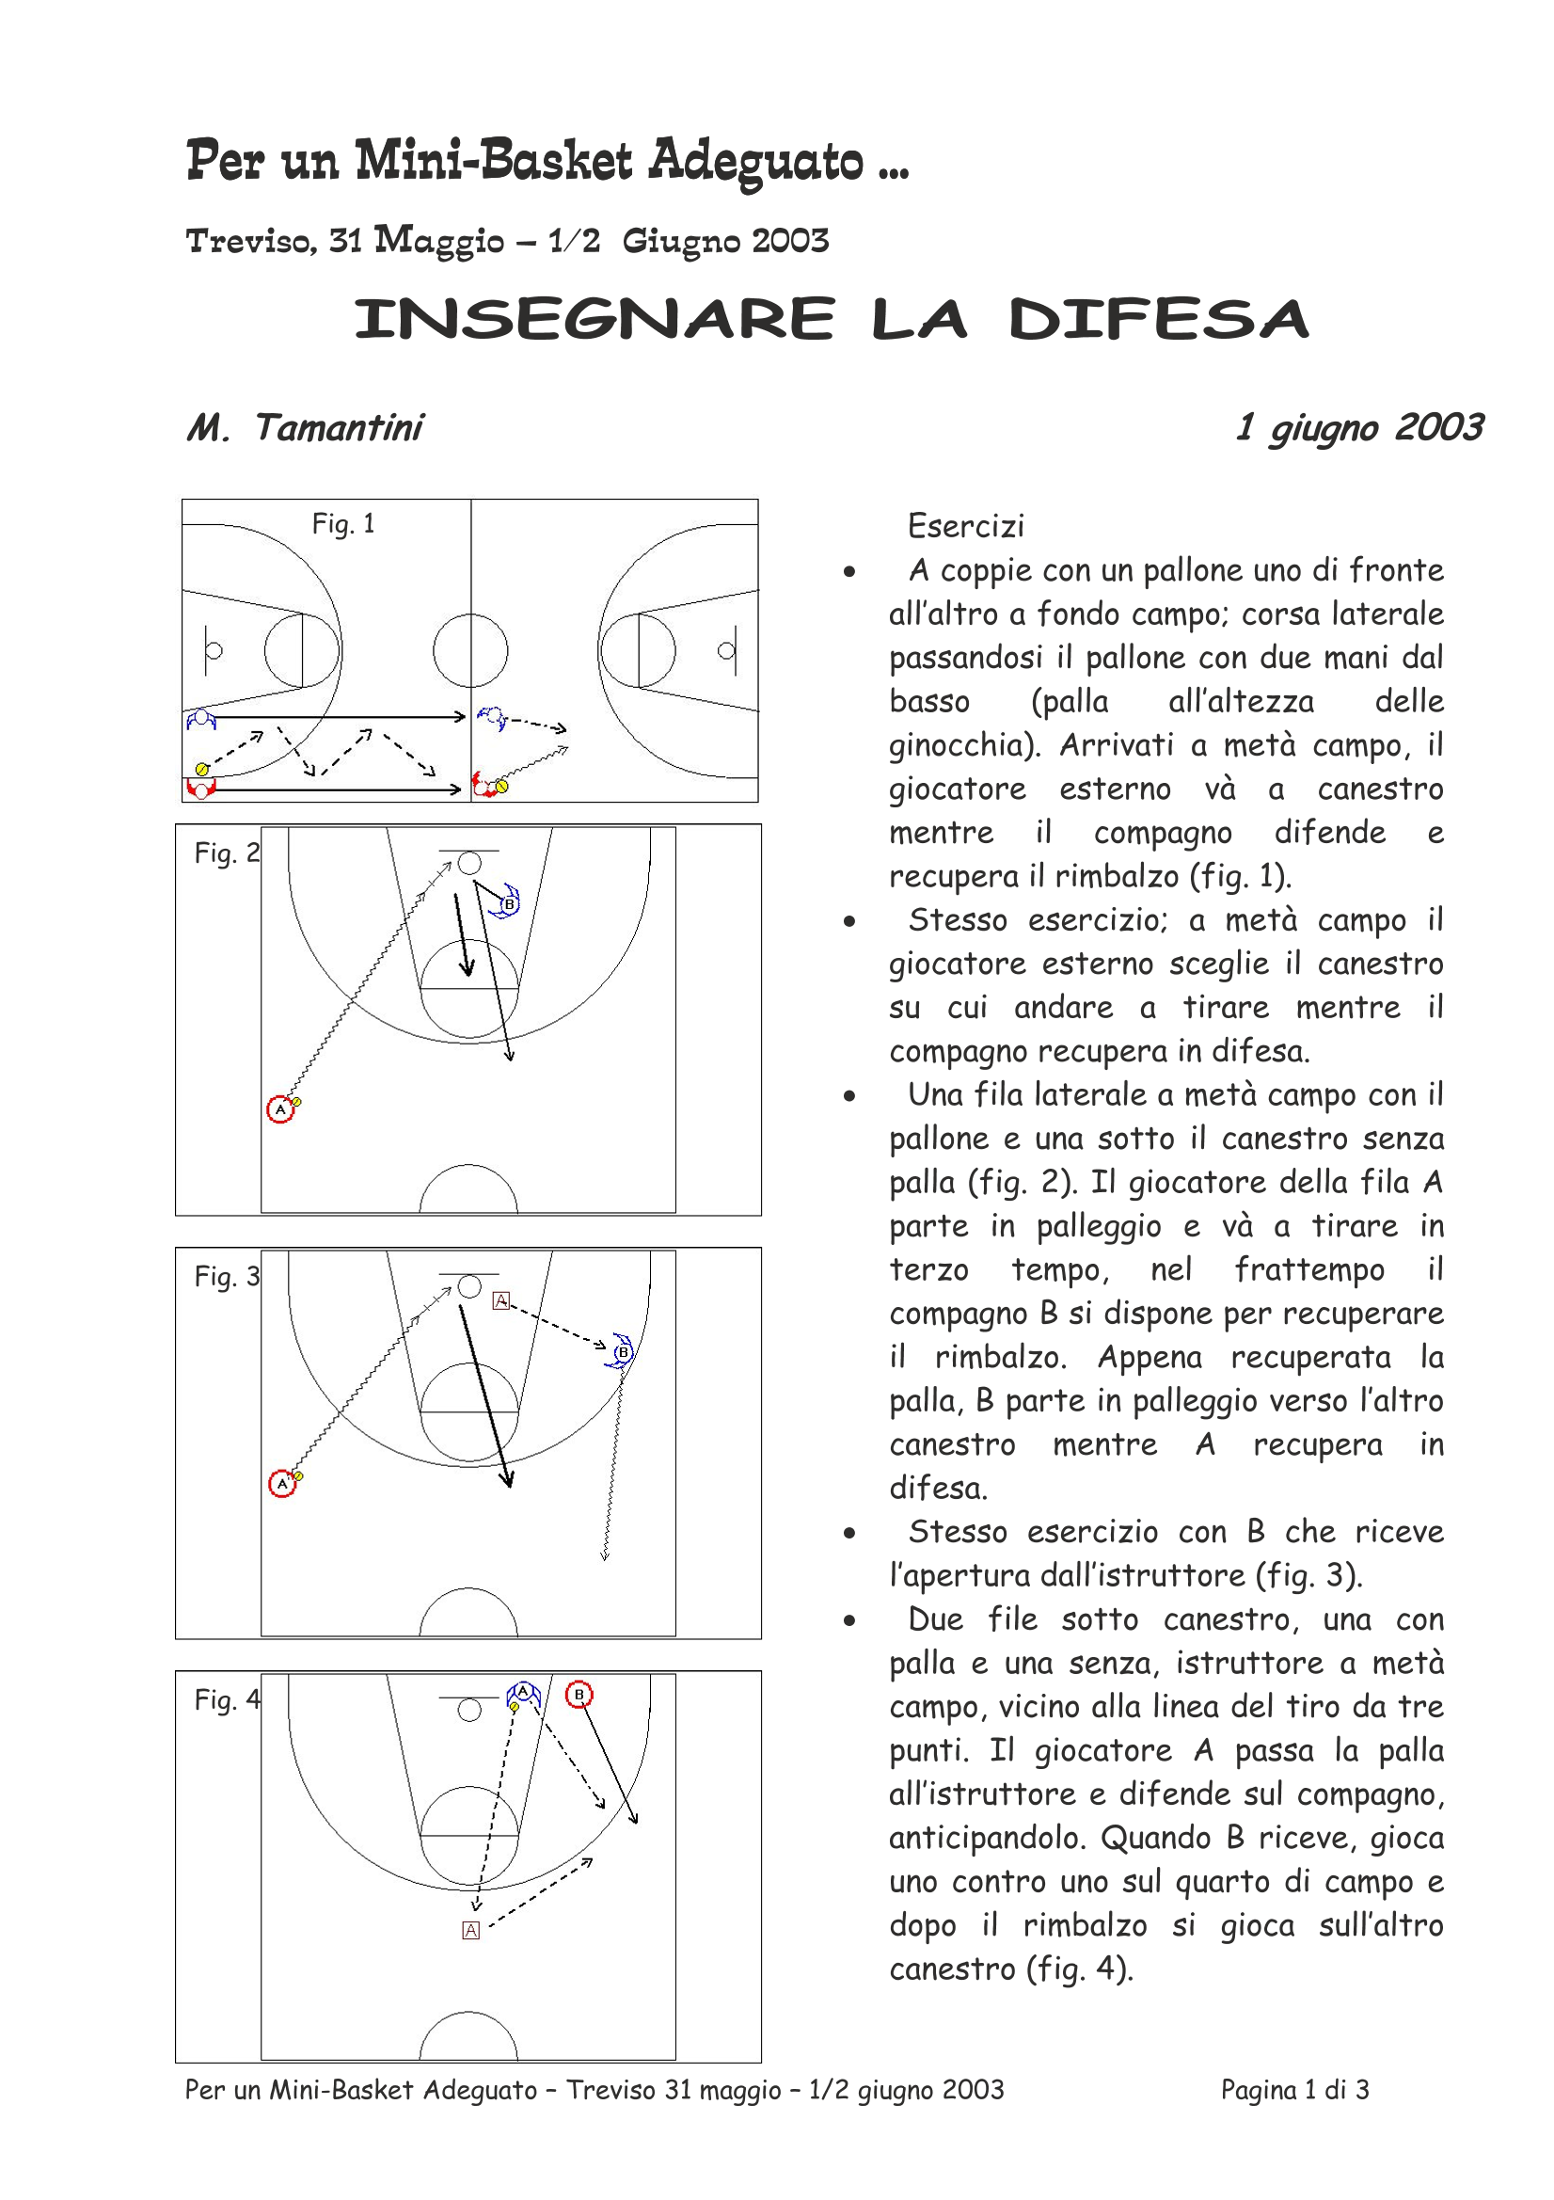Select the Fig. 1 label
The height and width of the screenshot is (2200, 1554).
(x=343, y=524)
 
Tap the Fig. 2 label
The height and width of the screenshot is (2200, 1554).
(x=226, y=853)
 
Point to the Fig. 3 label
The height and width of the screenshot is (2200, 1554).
(x=226, y=1276)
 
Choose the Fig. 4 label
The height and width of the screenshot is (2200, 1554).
(x=226, y=1699)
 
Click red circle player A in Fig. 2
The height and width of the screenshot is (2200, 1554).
(x=279, y=1109)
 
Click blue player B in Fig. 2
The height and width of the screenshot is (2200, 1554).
(x=507, y=902)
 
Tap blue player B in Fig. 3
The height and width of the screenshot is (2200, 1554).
(x=622, y=1352)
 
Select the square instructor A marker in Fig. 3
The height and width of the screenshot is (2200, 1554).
(x=500, y=1300)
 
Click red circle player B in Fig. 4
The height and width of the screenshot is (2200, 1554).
(x=579, y=1695)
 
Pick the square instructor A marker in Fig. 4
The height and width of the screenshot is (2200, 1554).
(x=470, y=1931)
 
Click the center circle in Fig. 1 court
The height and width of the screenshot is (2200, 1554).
(x=470, y=650)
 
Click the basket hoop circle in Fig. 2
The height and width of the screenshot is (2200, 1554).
(x=468, y=863)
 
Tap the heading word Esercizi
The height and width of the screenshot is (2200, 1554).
(x=966, y=526)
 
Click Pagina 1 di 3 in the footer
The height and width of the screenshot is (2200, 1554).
(x=1294, y=2090)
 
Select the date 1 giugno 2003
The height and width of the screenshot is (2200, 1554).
(x=1358, y=427)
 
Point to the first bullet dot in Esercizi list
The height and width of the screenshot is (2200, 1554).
(x=848, y=573)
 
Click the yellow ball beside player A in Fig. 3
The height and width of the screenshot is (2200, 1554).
(x=298, y=1476)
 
